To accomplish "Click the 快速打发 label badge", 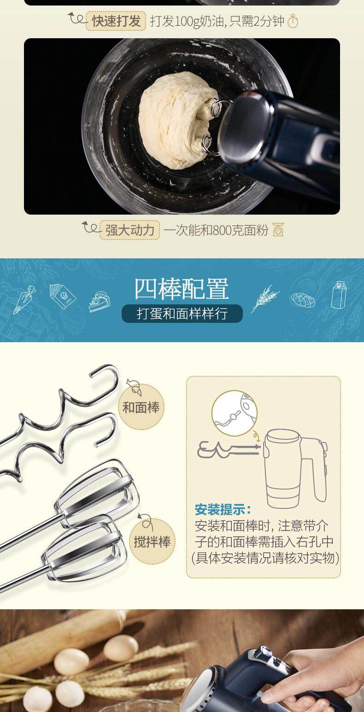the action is pyautogui.click(x=116, y=21).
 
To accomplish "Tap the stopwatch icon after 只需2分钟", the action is pyautogui.click(x=293, y=22).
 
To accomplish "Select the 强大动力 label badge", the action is pyautogui.click(x=130, y=230).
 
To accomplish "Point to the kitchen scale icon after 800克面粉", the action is pyautogui.click(x=278, y=230).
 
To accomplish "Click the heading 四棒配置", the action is pyautogui.click(x=182, y=289).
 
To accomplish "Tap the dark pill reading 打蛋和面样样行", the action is pyautogui.click(x=182, y=314).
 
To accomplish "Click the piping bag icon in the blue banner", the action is pyautogui.click(x=24, y=299).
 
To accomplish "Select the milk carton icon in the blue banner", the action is pyautogui.click(x=339, y=295).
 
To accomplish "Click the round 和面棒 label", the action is pyautogui.click(x=141, y=407).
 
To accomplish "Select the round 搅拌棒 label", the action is pyautogui.click(x=152, y=541).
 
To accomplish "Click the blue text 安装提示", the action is pyautogui.click(x=223, y=509).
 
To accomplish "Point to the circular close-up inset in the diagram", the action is pyautogui.click(x=235, y=413).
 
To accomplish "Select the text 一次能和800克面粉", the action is pyautogui.click(x=216, y=230).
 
